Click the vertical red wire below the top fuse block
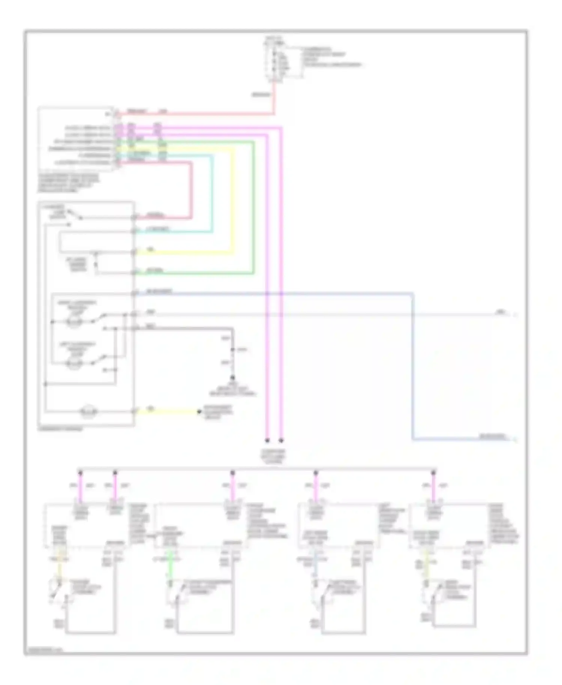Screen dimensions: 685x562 point(274,97)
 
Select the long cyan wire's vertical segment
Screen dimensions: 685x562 point(212,195)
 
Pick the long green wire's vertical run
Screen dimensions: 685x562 point(254,210)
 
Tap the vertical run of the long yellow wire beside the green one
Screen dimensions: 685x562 point(233,202)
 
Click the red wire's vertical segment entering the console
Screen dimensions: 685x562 point(191,191)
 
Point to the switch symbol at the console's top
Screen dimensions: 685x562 point(75,214)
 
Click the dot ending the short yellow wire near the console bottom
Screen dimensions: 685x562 point(199,412)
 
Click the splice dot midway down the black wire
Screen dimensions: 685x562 point(233,350)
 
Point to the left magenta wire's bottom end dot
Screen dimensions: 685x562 point(267,440)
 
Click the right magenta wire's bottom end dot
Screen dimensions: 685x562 point(281,440)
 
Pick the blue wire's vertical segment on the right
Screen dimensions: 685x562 point(413,367)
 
